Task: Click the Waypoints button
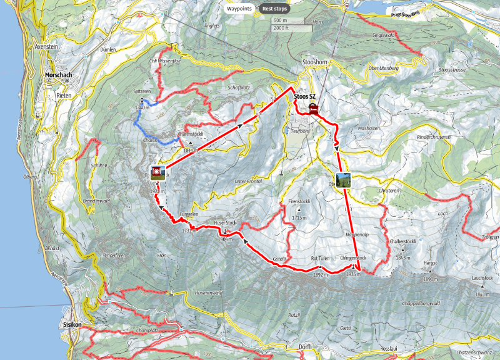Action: click(x=239, y=9)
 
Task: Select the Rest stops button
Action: click(x=275, y=9)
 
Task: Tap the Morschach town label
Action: click(x=59, y=76)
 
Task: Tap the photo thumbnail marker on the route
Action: click(x=343, y=180)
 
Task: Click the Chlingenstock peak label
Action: click(x=353, y=257)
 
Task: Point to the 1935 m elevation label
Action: click(x=353, y=274)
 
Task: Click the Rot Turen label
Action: click(x=320, y=257)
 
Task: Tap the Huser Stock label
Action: click(x=225, y=222)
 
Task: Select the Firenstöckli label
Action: click(x=299, y=202)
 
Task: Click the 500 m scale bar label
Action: click(x=280, y=21)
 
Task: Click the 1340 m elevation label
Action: click(x=142, y=108)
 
